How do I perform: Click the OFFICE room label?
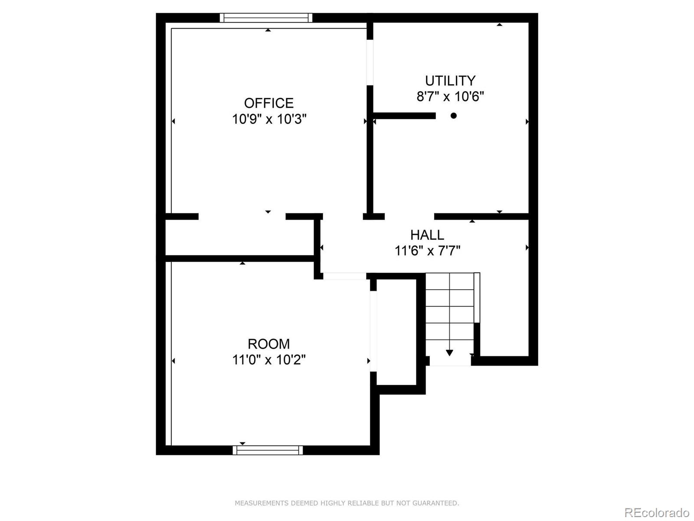(269, 103)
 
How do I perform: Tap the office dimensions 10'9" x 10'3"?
(269, 119)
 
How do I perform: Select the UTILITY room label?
(450, 81)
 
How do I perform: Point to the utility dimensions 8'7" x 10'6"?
(450, 96)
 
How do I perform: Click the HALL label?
(427, 235)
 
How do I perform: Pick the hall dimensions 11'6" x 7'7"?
(427, 251)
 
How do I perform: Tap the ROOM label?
(268, 344)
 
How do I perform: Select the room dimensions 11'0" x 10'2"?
(268, 360)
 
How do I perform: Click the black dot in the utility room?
(453, 115)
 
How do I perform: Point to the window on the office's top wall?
(266, 18)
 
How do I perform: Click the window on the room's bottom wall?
(268, 450)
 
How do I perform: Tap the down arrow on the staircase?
(449, 352)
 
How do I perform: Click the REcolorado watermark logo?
(657, 513)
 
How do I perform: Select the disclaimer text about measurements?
(347, 503)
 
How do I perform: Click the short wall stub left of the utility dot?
(404, 115)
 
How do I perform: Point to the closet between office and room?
(239, 237)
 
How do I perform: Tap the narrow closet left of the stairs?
(396, 332)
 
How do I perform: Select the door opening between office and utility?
(370, 63)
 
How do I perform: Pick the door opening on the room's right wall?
(373, 331)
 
